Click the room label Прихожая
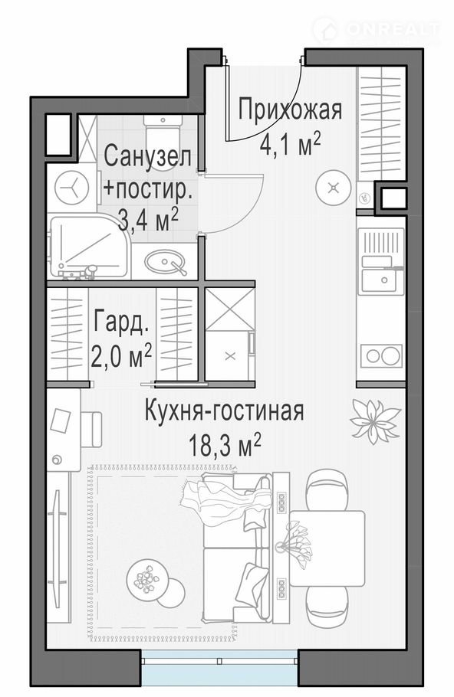(x=290, y=110)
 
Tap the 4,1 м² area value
(x=290, y=145)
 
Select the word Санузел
(x=148, y=156)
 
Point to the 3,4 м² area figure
(x=148, y=220)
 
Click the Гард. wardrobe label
(x=120, y=322)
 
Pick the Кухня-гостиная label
(x=225, y=411)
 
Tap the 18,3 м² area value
(x=225, y=446)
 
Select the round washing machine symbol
(x=71, y=188)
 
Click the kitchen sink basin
(x=383, y=280)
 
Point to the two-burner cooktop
(x=381, y=355)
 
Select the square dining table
(x=327, y=548)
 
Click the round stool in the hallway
(x=334, y=188)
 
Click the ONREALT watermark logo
(x=376, y=30)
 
